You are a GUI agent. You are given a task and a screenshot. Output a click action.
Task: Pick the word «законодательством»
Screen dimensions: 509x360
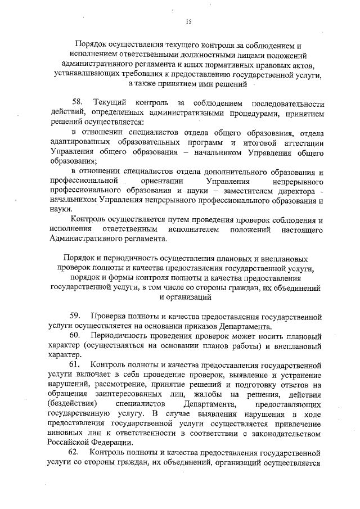coord(283,433)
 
